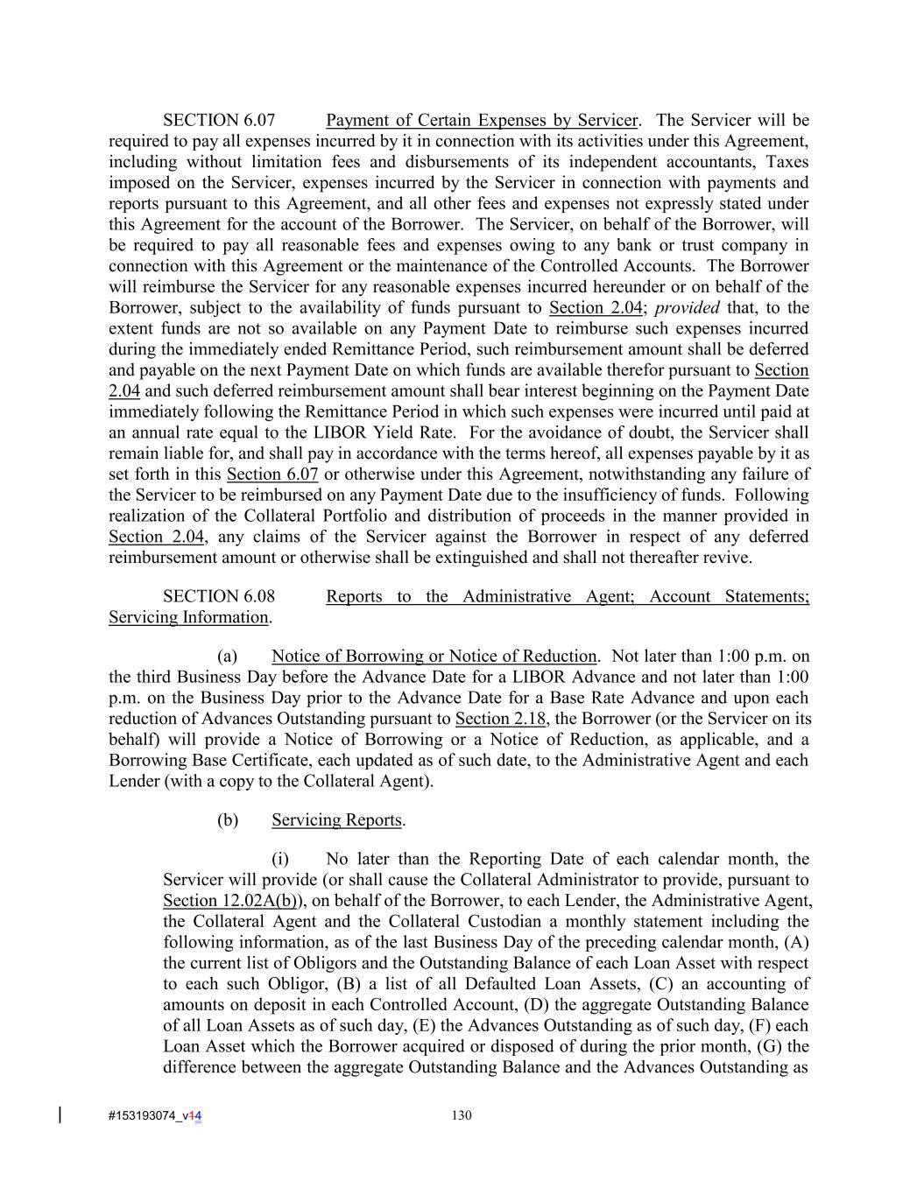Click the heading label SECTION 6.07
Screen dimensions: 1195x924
(219, 121)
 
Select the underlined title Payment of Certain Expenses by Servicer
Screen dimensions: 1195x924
(482, 121)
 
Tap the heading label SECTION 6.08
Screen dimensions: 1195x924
(219, 597)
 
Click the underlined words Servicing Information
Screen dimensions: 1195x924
(188, 618)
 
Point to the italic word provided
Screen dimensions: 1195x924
(688, 308)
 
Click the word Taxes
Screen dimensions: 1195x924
(787, 162)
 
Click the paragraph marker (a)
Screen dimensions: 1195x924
(227, 657)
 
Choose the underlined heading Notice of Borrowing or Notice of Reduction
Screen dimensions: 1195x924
(434, 657)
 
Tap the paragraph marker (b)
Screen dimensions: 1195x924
(227, 820)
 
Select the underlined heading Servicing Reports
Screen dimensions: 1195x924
(336, 820)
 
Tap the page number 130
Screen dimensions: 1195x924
(462, 1116)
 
